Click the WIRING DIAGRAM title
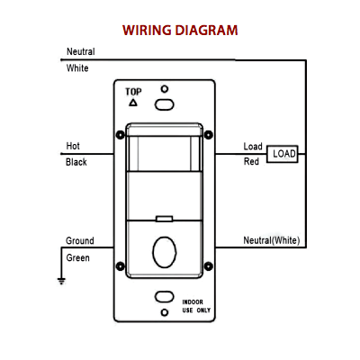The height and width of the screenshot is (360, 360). tap(180, 31)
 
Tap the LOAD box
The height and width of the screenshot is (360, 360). tap(283, 154)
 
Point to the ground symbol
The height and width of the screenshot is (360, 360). tap(61, 281)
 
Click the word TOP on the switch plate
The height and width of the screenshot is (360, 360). tap(133, 92)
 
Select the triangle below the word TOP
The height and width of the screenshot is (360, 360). tap(133, 103)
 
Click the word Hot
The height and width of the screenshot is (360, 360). tap(73, 146)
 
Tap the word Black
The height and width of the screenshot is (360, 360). tap(76, 162)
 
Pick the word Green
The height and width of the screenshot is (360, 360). tap(77, 257)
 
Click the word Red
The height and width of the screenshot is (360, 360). tap(251, 162)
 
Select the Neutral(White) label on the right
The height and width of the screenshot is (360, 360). tap(272, 240)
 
